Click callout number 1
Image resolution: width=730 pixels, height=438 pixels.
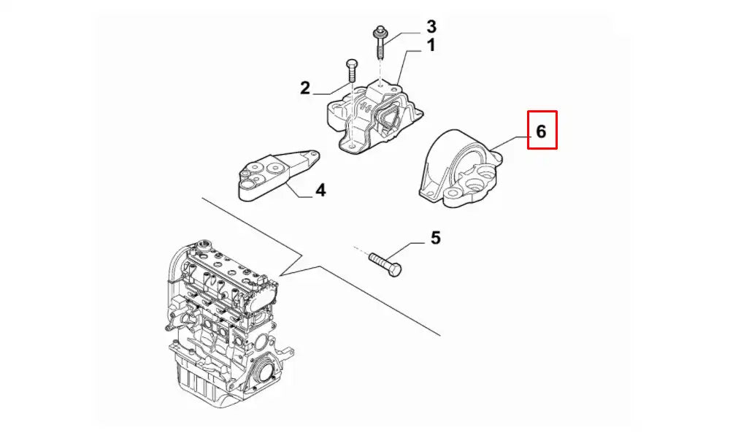point(431,46)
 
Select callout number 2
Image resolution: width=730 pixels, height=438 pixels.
point(305,88)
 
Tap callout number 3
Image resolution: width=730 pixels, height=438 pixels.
point(431,27)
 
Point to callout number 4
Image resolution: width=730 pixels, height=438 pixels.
point(320,191)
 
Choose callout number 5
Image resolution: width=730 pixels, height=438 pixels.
point(435,237)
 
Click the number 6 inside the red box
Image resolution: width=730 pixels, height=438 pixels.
point(541,131)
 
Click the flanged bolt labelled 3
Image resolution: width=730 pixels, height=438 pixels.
point(381,48)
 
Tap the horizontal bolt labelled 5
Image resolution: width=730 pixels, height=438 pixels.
point(385,264)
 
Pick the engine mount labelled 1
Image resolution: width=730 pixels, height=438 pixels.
point(372,120)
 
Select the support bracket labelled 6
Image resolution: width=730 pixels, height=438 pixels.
point(456,172)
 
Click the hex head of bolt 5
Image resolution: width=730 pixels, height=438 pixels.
point(395,270)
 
